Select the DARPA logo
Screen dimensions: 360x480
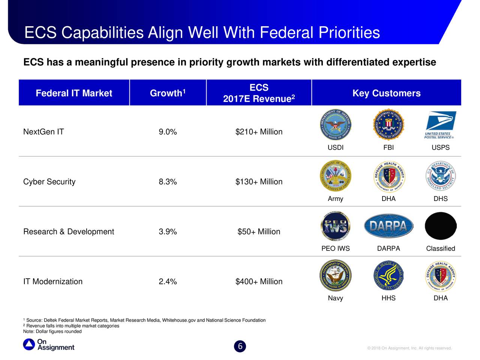(388, 226)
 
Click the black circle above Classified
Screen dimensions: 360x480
(440, 226)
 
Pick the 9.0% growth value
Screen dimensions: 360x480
(168, 132)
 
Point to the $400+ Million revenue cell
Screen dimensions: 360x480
(259, 282)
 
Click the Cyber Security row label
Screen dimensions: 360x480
(49, 182)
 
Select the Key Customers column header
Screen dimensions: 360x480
(386, 93)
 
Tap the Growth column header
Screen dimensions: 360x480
(168, 93)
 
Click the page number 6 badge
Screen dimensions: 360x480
(240, 346)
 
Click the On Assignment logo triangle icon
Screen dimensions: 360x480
(29, 345)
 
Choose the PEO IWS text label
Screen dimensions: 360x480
(335, 249)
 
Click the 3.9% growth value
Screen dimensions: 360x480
(168, 232)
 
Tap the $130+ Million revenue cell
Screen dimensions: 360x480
(259, 182)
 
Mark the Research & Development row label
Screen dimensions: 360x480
(69, 232)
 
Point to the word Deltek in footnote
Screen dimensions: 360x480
(51, 320)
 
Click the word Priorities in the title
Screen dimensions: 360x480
(349, 33)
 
